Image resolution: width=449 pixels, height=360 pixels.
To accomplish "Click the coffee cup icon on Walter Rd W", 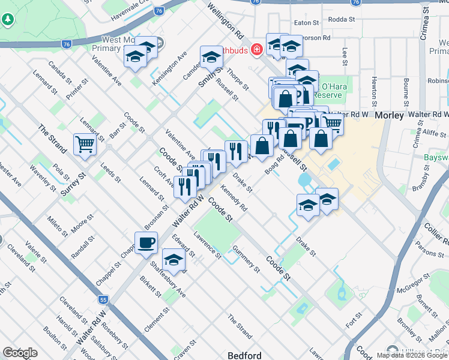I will pos(146,243).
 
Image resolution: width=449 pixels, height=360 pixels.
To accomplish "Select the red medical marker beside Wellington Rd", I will pos(257,49).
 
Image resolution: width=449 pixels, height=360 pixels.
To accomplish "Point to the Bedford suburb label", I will pos(244,355).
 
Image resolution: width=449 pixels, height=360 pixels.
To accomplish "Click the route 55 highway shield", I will pos(104,298).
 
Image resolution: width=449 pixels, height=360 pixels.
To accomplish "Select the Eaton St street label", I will pos(306,23).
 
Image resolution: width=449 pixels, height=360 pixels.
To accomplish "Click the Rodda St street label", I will pos(343,19).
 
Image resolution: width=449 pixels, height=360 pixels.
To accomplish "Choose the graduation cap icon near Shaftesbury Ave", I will pos(173,260).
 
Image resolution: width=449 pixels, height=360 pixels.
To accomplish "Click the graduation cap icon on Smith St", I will pos(211,57).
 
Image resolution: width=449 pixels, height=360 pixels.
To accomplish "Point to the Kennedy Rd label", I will pos(234,198).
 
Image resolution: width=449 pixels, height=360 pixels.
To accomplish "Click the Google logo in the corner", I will pos(20,353).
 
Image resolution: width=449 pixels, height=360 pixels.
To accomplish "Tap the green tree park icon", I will pos(8,20).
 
